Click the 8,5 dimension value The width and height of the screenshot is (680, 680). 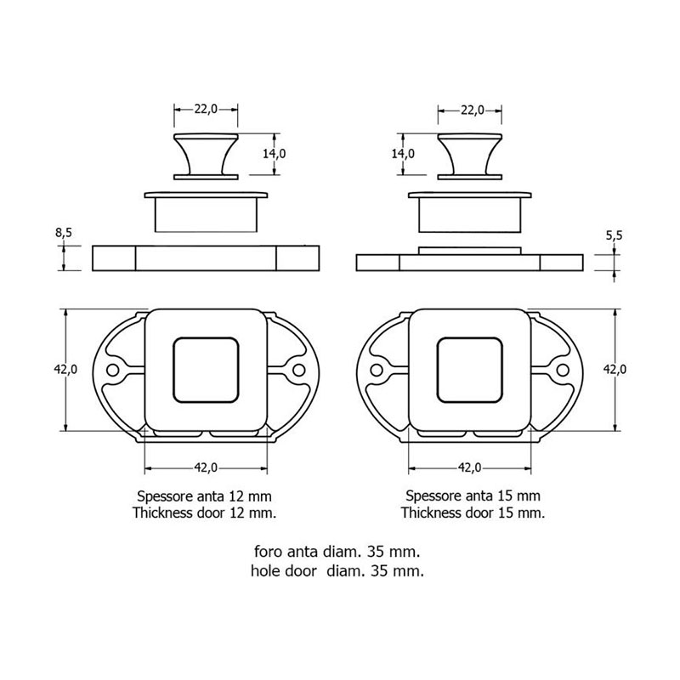coord(63,231)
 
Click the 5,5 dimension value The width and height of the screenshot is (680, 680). coord(615,237)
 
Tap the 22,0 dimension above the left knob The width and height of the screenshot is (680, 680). coord(207,109)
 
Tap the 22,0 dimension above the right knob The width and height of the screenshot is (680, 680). coord(473,109)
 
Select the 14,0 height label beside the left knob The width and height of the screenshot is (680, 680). coord(275,154)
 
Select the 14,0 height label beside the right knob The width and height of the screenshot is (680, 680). coord(403,154)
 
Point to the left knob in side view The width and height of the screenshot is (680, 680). coord(207,156)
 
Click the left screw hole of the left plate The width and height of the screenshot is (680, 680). coord(115,371)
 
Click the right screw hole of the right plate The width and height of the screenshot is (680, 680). coord(562,371)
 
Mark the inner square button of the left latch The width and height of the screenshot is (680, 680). coord(207,370)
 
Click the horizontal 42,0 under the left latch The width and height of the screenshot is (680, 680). coord(207,467)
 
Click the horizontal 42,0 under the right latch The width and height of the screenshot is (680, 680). coord(471,467)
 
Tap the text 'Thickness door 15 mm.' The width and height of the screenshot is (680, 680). coord(473,513)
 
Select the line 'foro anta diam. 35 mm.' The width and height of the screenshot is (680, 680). coord(338,552)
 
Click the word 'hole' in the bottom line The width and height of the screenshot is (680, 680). coord(269,570)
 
